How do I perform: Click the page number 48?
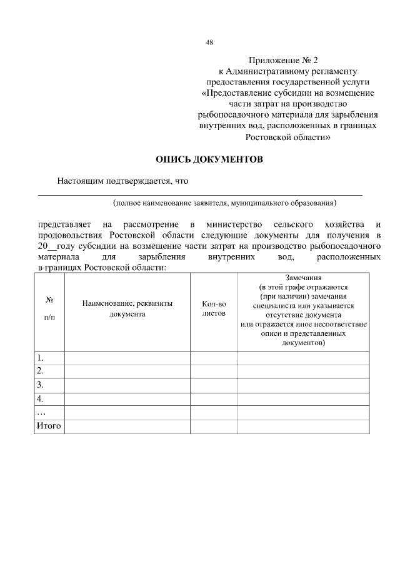pyautogui.click(x=209, y=43)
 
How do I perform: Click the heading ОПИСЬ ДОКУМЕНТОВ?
pyautogui.click(x=209, y=159)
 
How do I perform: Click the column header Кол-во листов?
pyautogui.click(x=214, y=308)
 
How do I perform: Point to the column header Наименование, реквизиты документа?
pyautogui.click(x=127, y=308)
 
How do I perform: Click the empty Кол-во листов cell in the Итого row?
pyautogui.click(x=214, y=426)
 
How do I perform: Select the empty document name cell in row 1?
pyautogui.click(x=127, y=358)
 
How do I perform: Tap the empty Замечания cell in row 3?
pyautogui.click(x=303, y=385)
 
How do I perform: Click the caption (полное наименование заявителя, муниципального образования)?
pyautogui.click(x=224, y=203)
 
